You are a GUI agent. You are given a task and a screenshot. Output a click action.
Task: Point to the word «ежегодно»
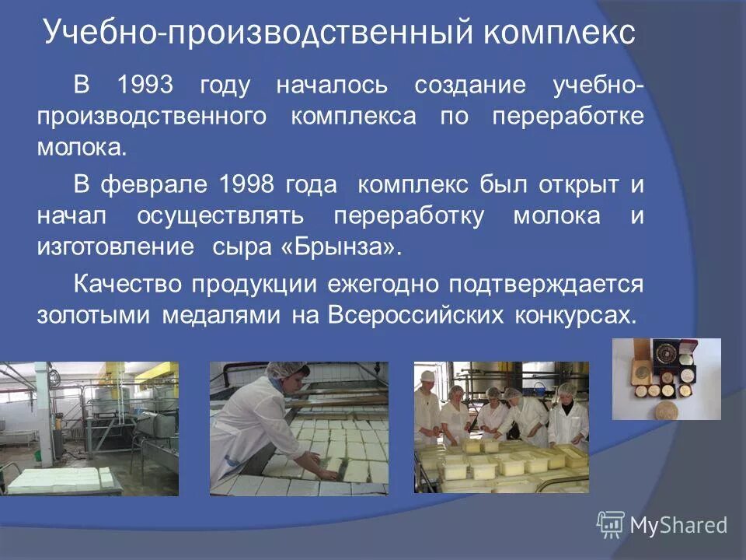pyautogui.click(x=386, y=284)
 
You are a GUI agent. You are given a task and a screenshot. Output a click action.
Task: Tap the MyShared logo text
pyautogui.click(x=678, y=525)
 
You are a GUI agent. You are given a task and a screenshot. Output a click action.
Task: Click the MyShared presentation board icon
pyautogui.click(x=611, y=525)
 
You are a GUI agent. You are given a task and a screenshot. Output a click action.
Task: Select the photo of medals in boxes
pyautogui.click(x=666, y=379)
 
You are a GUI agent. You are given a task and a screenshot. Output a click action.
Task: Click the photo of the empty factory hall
pyautogui.click(x=89, y=429)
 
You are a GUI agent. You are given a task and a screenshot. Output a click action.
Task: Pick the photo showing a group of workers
pyautogui.click(x=501, y=427)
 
